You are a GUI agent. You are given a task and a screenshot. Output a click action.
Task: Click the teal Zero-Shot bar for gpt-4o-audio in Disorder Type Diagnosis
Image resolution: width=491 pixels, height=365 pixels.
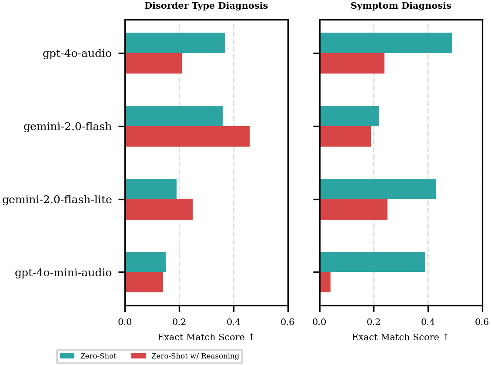coord(175,43)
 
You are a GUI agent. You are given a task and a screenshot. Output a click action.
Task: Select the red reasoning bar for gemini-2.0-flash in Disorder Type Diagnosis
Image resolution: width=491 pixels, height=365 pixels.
coord(187,137)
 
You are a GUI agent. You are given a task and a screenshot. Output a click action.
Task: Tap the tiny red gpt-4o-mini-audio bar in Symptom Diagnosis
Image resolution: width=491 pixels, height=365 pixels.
coord(325,282)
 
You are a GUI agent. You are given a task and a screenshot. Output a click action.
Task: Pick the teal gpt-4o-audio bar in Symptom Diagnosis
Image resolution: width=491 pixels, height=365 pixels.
coord(386,43)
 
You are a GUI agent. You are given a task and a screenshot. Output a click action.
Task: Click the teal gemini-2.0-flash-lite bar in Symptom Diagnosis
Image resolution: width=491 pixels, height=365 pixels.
coord(378,189)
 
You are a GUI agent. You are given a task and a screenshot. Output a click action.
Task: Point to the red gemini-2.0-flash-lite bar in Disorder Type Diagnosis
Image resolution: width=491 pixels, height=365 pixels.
coord(159,210)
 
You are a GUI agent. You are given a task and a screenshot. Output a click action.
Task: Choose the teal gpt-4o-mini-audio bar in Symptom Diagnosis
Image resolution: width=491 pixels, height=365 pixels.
coord(373,262)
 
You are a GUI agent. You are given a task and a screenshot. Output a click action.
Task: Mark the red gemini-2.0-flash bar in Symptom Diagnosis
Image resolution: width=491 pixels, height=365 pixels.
coord(345,137)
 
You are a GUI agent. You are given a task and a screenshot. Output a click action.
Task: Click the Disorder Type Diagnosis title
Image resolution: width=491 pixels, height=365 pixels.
coord(206,6)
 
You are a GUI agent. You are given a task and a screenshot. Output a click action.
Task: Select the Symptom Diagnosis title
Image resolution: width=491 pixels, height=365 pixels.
coord(401,6)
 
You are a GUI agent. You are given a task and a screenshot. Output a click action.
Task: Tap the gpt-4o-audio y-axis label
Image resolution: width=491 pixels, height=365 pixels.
coord(77,54)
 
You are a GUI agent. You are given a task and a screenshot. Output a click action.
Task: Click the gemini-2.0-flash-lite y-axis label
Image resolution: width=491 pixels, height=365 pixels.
coord(57,200)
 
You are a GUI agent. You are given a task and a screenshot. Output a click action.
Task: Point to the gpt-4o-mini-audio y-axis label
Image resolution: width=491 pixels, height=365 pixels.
coord(63,273)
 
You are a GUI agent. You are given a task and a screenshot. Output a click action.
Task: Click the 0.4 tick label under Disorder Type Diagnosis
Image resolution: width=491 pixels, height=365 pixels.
coord(234,322)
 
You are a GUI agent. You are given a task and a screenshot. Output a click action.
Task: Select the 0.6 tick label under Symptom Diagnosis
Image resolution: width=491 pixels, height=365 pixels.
coord(482,322)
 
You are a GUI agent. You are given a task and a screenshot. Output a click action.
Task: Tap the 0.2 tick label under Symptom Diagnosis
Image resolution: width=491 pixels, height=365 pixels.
coord(374,322)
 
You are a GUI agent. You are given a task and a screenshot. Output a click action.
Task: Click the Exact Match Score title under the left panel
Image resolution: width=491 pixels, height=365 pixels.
coord(206,338)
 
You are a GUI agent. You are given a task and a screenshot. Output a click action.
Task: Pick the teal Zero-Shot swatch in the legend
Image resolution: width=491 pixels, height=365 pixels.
coord(67,356)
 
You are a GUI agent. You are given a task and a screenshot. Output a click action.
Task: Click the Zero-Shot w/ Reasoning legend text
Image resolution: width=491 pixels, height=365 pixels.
coord(195,356)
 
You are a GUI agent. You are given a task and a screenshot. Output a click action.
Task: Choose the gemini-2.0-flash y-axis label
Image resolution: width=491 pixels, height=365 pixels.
coord(67,127)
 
